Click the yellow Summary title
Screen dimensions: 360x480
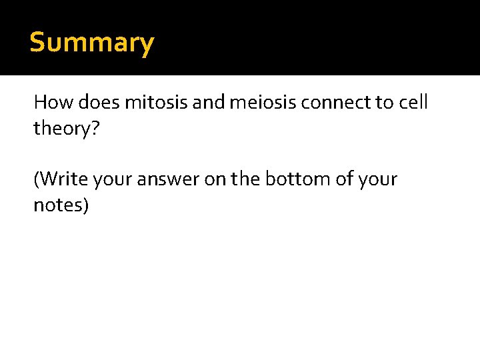92,43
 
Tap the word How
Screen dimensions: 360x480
53,103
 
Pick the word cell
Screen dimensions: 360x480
413,103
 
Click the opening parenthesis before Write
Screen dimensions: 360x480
37,180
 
